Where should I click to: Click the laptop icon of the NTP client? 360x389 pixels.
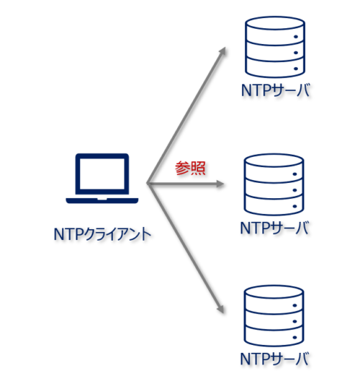(x=102, y=178)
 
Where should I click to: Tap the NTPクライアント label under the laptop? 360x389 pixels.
(x=101, y=233)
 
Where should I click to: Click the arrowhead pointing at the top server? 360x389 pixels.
(x=224, y=51)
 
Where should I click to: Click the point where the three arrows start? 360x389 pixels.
(x=147, y=184)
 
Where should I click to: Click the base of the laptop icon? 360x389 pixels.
(x=102, y=198)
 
